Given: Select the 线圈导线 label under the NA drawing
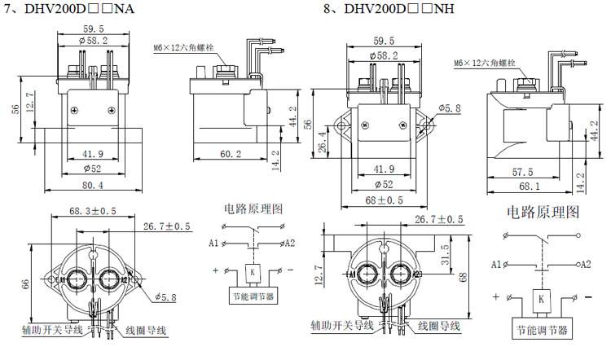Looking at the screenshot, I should (147, 330).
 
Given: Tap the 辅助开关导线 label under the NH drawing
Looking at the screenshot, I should (341, 325).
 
